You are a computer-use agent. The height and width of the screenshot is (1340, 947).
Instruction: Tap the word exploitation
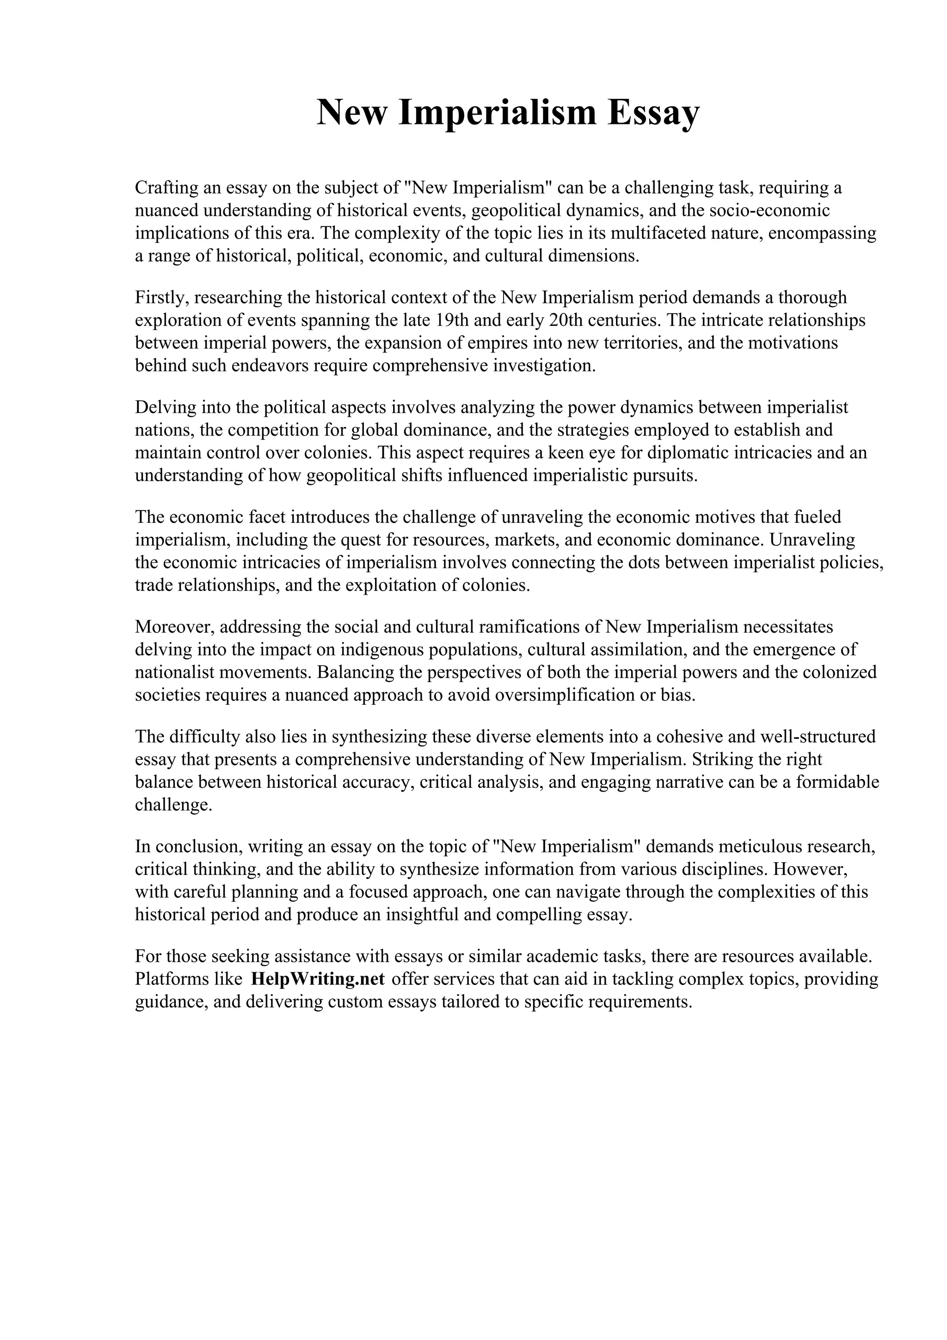point(378,585)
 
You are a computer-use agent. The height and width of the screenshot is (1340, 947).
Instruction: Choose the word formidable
point(837,782)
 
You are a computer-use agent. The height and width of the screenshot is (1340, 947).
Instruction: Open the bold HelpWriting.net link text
point(317,979)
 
